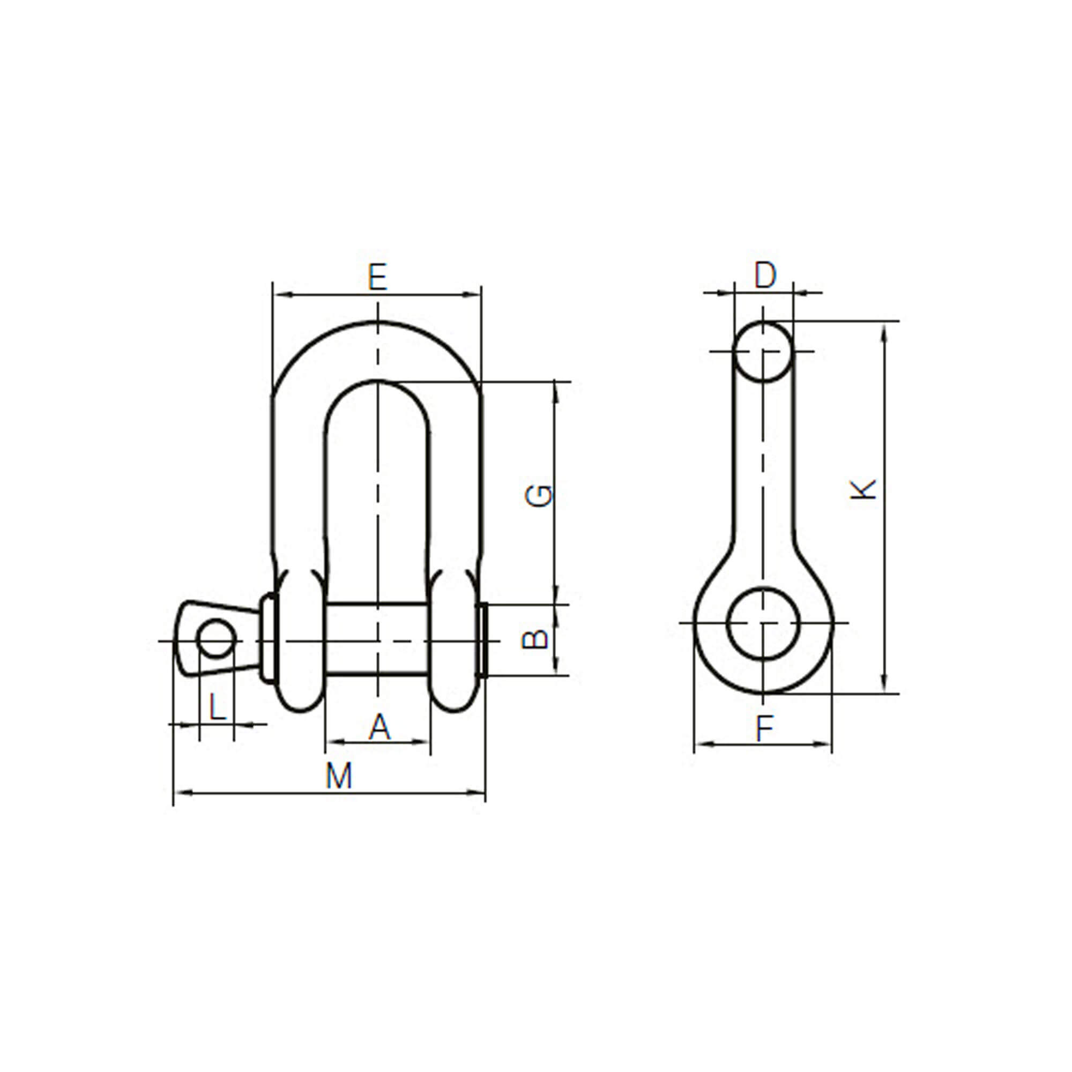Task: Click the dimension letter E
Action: (377, 277)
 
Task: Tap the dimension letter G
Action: (539, 495)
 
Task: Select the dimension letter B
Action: (535, 640)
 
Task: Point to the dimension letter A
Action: (379, 727)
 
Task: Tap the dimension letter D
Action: (765, 275)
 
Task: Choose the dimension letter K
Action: (863, 489)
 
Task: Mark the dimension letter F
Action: (765, 728)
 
